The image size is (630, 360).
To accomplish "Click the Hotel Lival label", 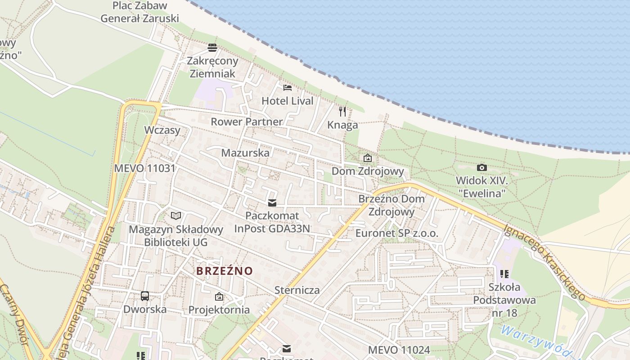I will coord(287,101).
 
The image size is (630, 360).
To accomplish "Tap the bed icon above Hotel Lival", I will coord(288,88).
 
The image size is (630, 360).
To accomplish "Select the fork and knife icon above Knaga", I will coord(342,111).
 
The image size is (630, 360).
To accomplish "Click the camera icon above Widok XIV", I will coord(481,168).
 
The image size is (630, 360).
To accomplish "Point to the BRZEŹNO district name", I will coord(225,271).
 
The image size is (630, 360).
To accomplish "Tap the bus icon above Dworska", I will coord(145,296).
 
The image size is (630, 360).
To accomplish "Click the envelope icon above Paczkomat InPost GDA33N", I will coord(272,203).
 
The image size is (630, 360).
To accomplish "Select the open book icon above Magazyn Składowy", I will coord(175,216).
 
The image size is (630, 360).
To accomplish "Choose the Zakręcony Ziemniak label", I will coord(212,67).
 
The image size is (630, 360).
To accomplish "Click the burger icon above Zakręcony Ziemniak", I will coord(212,47).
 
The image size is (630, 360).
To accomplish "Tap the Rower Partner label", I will coord(247,121).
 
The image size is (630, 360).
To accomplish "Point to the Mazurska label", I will coord(245,153).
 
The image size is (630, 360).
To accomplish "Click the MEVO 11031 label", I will coord(144,168).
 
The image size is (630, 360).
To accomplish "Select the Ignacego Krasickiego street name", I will coord(544,262).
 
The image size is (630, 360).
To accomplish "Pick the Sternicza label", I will coord(297,290).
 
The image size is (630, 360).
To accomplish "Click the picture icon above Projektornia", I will coord(219,297).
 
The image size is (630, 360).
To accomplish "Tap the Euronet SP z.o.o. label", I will coord(396,233).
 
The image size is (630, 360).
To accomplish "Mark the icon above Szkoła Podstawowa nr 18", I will coord(504,274).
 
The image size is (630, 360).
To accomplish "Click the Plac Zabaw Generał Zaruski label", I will coord(139,12).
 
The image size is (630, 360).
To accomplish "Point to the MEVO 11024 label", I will coord(399,350).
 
